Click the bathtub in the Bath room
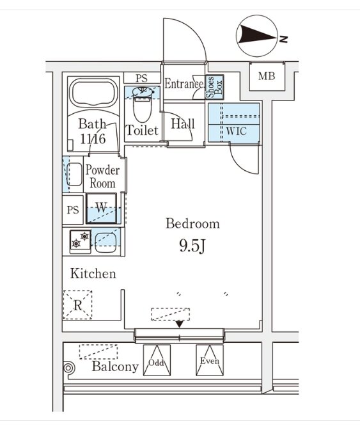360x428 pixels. [93, 93]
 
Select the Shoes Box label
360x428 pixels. [214, 88]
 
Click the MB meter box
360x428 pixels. [267, 76]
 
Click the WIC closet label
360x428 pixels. [236, 131]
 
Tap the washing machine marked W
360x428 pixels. [102, 209]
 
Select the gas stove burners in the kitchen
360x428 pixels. [80, 240]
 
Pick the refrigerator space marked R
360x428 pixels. [78, 305]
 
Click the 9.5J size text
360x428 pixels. [192, 246]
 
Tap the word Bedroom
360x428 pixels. [192, 223]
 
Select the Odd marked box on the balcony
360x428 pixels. [157, 360]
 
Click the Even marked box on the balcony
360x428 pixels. [210, 360]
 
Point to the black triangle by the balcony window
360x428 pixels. [179, 324]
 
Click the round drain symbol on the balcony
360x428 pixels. [68, 368]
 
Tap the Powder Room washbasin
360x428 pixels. [74, 175]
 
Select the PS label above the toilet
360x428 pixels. [141, 78]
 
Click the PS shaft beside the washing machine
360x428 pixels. [73, 210]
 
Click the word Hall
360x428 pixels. [183, 124]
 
